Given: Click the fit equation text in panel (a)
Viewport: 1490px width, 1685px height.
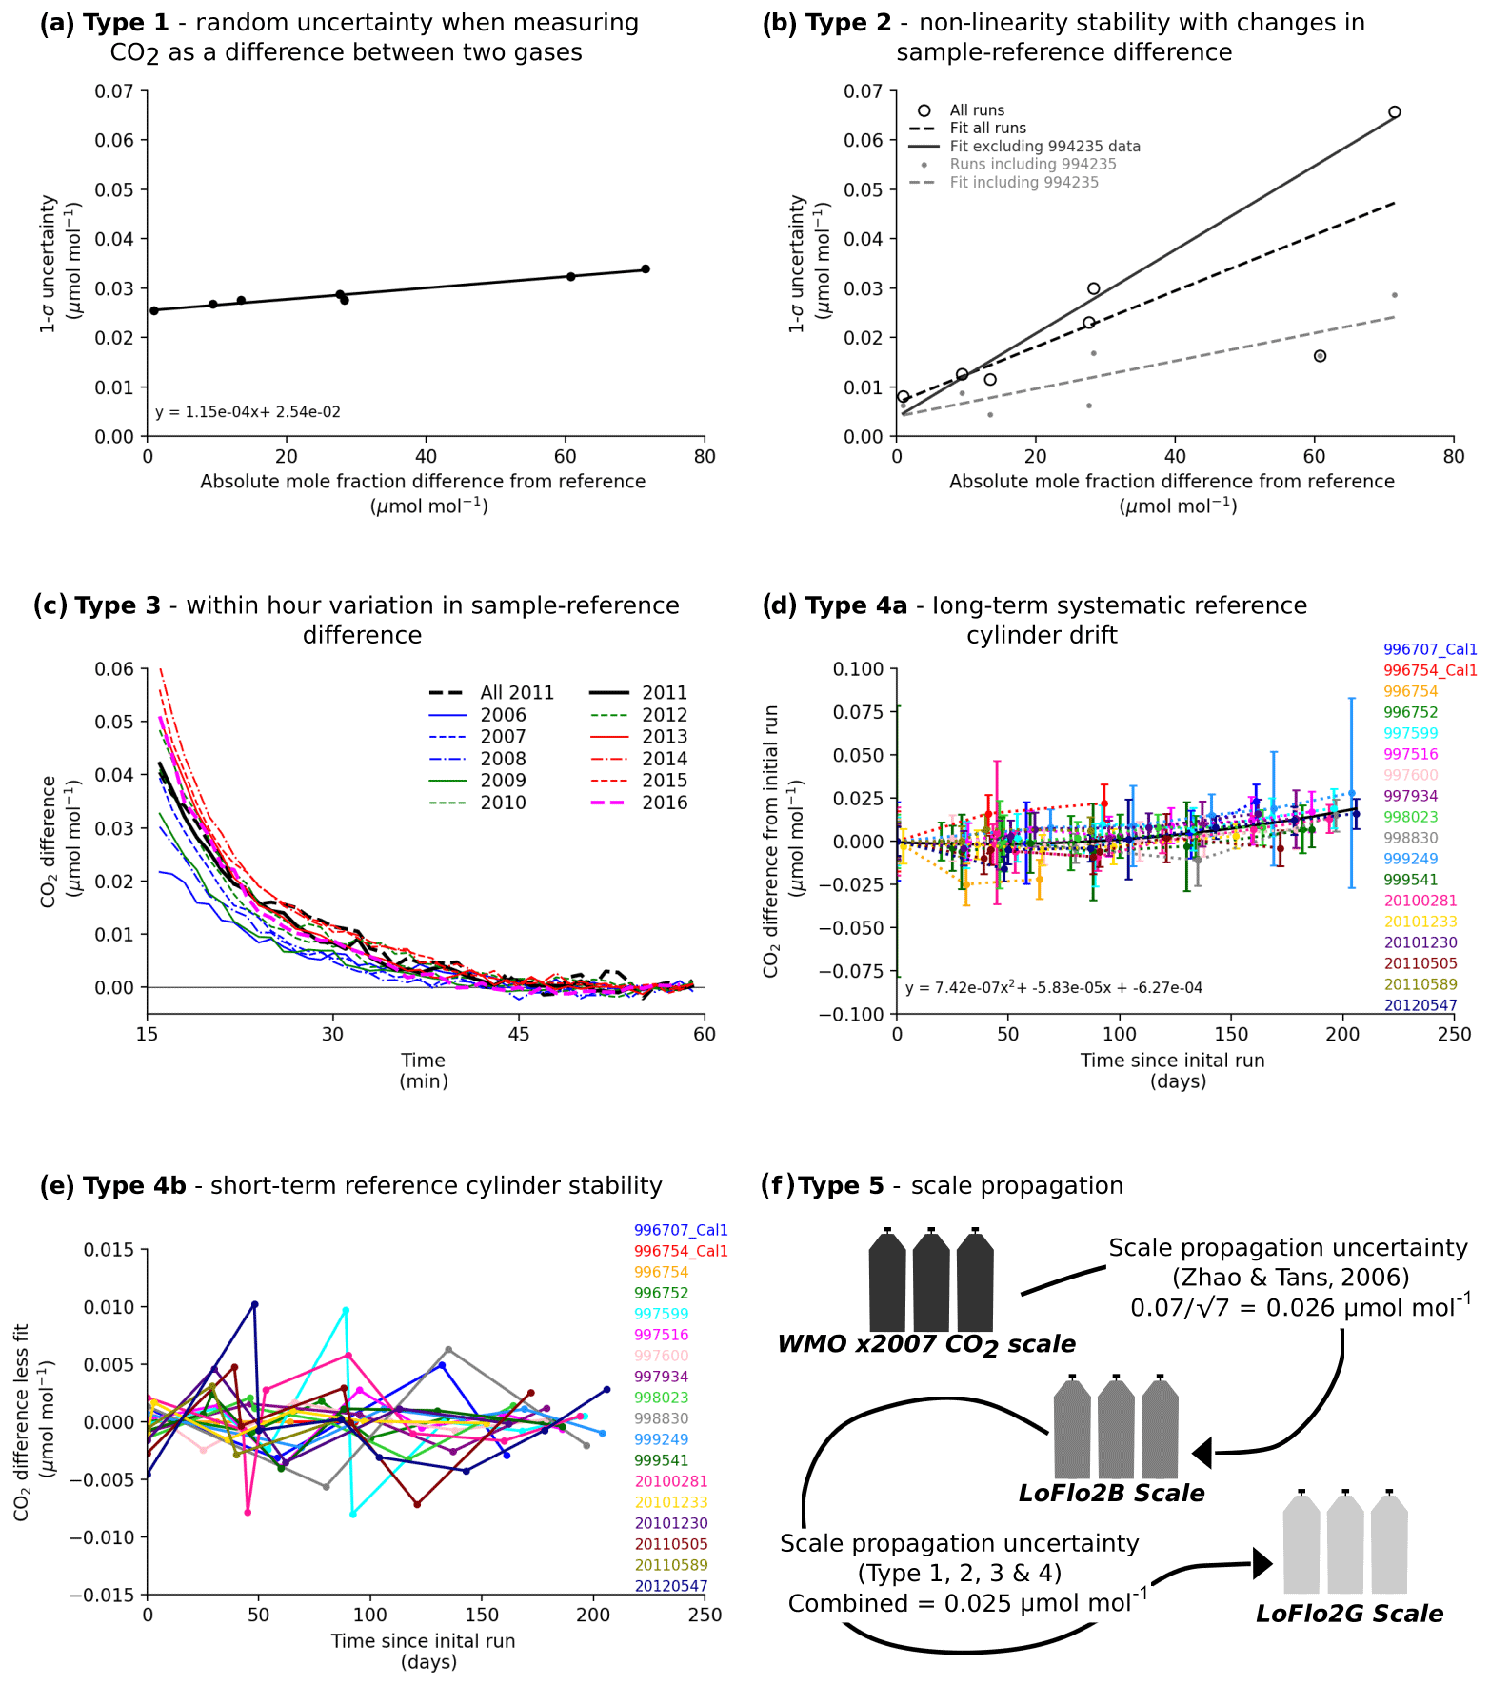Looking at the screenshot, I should click(248, 412).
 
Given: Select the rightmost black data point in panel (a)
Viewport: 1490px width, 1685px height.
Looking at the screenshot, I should click(645, 269).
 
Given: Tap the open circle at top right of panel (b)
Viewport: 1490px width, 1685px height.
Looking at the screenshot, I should click(1394, 112).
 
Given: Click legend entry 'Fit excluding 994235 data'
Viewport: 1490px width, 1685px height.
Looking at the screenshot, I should click(1044, 147).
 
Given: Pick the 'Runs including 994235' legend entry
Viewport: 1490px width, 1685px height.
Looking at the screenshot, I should click(1032, 165).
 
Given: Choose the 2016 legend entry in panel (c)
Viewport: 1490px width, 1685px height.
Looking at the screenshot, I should click(664, 803).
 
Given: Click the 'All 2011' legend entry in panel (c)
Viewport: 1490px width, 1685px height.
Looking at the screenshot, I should click(516, 693).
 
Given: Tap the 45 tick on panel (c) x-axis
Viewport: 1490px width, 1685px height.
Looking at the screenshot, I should click(518, 1035).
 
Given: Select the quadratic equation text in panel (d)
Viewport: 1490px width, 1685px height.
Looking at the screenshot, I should click(1053, 988).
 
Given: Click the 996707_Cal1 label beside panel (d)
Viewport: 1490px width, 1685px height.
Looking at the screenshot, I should click(1429, 649).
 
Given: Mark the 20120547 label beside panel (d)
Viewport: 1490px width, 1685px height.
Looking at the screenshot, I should click(1420, 1005).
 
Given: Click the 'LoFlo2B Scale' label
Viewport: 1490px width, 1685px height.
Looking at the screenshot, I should click(1111, 1493).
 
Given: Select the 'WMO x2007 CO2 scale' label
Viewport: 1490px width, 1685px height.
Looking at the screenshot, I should click(925, 1344).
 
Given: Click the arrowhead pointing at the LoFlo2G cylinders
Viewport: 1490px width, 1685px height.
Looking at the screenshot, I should click(1262, 1563).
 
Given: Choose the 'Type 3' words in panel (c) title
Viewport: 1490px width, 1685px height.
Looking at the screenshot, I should click(118, 605).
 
